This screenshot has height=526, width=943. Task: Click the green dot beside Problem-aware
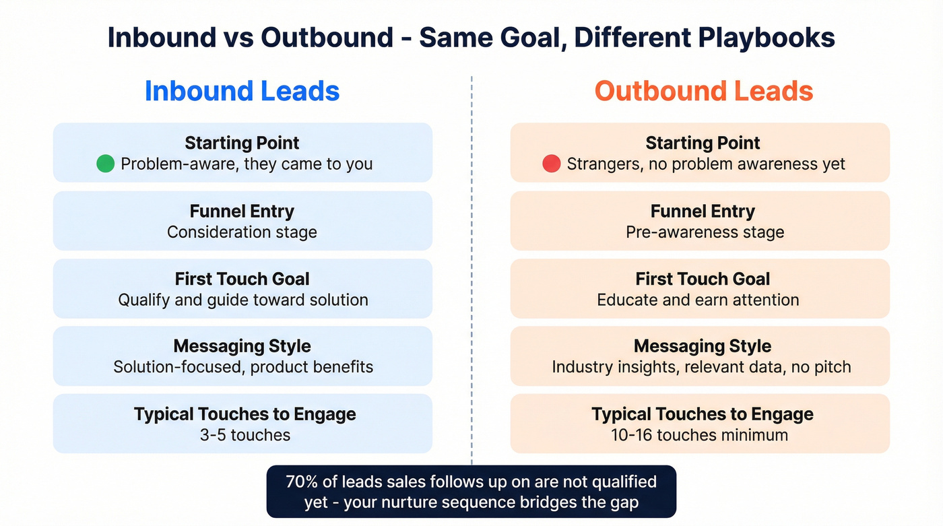tap(105, 164)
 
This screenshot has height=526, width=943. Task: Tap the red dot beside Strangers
tap(551, 164)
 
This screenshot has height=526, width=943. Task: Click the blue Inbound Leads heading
tap(242, 91)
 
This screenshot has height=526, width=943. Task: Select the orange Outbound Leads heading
tap(703, 91)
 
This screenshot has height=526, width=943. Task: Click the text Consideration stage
tap(242, 232)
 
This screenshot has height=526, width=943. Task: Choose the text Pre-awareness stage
tap(705, 232)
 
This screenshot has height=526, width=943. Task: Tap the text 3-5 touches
tap(245, 435)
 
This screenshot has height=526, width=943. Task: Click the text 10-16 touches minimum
tap(700, 435)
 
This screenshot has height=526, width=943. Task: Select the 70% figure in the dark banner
tap(301, 482)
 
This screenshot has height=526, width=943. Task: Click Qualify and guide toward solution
tap(242, 300)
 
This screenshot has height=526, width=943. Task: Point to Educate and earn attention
tap(698, 300)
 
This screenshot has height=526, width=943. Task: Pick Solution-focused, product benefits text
tap(242, 367)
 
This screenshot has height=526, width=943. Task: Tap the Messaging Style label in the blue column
tap(242, 346)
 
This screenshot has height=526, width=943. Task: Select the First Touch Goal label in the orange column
tap(702, 279)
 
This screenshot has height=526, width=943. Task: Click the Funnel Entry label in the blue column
tap(242, 211)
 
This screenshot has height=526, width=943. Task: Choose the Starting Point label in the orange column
tap(702, 143)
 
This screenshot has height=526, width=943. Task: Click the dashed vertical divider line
tap(471, 269)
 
